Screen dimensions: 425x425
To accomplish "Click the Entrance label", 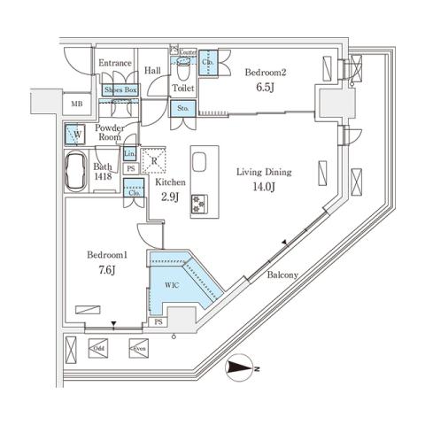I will coord(115,64).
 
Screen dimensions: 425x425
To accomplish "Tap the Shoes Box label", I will coord(120,90).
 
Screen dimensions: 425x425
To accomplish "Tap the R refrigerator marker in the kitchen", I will coord(156,161).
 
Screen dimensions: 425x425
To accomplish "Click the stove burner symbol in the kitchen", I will coord(198,203).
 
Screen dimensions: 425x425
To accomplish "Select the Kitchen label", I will coord(171,182).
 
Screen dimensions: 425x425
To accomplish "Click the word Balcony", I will coord(282,274).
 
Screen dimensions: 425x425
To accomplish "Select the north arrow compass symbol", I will coord(241,367).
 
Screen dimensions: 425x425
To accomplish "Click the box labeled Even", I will coord(138,349).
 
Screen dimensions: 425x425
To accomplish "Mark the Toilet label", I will coord(183,89).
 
